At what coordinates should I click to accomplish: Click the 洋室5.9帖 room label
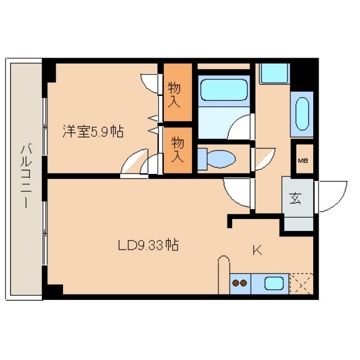click(x=93, y=131)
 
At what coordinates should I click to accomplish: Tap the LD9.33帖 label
click(x=148, y=245)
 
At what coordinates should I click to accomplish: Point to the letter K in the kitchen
click(x=257, y=250)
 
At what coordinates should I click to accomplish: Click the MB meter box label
click(x=303, y=160)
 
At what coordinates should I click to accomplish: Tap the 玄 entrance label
click(x=295, y=198)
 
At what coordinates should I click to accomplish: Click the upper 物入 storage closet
click(x=178, y=92)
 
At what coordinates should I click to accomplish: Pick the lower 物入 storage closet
click(x=178, y=151)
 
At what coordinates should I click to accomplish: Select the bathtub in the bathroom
click(x=224, y=90)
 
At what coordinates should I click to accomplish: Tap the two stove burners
click(x=239, y=283)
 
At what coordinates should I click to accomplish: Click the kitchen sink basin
click(x=274, y=283)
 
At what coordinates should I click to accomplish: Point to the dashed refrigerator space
click(x=301, y=284)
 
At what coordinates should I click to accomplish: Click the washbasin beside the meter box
click(x=302, y=114)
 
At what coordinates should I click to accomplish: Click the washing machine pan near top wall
click(x=274, y=74)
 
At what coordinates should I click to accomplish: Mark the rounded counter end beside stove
click(x=224, y=275)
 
